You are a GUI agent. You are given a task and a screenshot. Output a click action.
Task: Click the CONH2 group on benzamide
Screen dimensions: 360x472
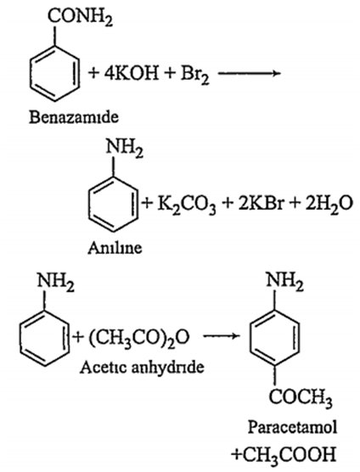(80, 16)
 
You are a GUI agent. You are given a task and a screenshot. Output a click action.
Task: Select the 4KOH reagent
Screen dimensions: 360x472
(132, 73)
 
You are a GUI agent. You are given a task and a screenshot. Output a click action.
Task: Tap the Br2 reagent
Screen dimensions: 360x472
(194, 75)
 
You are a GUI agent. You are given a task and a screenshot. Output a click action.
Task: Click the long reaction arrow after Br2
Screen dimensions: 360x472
(249, 73)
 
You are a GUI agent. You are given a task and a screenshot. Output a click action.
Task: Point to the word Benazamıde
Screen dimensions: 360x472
(74, 117)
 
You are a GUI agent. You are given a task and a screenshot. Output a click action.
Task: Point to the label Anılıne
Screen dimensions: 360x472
(115, 249)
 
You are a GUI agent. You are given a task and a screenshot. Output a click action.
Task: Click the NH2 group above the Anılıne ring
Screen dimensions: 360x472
(124, 149)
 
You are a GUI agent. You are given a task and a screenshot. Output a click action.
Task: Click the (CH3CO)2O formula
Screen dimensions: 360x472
(139, 338)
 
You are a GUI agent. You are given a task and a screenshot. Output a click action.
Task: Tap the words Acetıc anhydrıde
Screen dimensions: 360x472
(142, 367)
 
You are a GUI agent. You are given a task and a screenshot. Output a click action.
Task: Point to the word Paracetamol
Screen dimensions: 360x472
(292, 427)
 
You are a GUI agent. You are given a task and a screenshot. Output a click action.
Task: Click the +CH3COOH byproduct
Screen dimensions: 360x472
(284, 455)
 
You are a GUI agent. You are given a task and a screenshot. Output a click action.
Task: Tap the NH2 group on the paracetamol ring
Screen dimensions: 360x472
(284, 283)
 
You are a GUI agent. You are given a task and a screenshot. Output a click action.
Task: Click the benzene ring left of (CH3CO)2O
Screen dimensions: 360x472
(45, 338)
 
